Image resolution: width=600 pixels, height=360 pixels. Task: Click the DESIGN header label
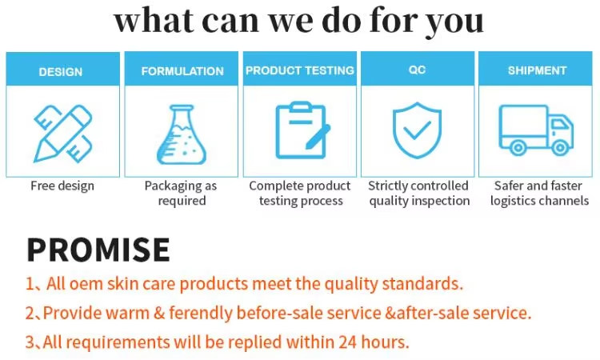pos(61,72)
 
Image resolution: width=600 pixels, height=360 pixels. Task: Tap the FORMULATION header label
pos(182,71)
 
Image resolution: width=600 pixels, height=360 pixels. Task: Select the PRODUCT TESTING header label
pos(300,70)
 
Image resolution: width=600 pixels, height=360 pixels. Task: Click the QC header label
pos(418,70)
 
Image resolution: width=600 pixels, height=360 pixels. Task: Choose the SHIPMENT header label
pos(537,71)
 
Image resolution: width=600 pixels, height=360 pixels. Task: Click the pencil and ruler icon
pos(62,132)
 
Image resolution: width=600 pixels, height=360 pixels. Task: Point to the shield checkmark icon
pos(417,130)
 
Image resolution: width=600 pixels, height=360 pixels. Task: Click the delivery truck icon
pos(536,130)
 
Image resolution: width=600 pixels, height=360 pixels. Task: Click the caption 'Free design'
pos(62,186)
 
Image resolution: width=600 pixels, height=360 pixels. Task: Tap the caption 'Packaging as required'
pos(181,193)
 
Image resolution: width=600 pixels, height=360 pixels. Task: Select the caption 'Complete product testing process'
pos(300,193)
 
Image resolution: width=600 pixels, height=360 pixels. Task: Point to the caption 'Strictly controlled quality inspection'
pos(418,193)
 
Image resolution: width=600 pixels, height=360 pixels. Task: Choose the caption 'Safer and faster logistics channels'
pos(538,193)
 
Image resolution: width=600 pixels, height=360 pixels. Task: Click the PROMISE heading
pos(98,250)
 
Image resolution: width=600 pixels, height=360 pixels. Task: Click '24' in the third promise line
pos(346,342)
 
